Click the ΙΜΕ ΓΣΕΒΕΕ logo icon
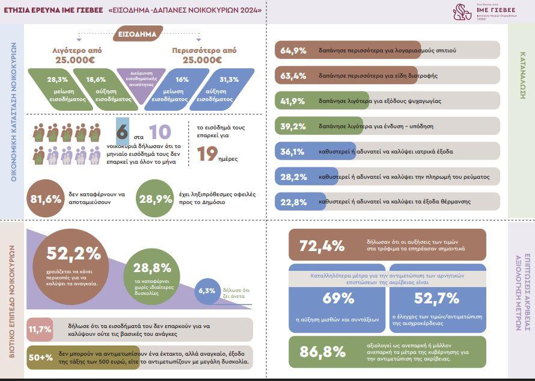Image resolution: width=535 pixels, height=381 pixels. (462, 11)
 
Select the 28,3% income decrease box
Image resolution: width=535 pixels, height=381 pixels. (57, 88)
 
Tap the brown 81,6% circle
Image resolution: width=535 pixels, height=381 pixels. (46, 198)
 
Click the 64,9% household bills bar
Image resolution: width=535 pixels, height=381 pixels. (387, 51)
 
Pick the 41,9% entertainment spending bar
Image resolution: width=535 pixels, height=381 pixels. (387, 101)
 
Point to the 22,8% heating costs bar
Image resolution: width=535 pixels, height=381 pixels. (387, 202)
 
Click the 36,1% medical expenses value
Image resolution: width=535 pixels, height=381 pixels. (293, 151)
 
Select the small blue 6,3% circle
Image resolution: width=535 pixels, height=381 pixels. (207, 291)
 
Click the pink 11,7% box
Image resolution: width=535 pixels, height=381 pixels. (40, 329)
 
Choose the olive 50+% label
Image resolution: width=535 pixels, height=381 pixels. (40, 358)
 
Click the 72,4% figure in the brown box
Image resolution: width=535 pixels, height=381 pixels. (322, 246)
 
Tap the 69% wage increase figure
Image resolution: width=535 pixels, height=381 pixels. (338, 298)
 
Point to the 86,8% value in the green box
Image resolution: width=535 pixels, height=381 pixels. (322, 352)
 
